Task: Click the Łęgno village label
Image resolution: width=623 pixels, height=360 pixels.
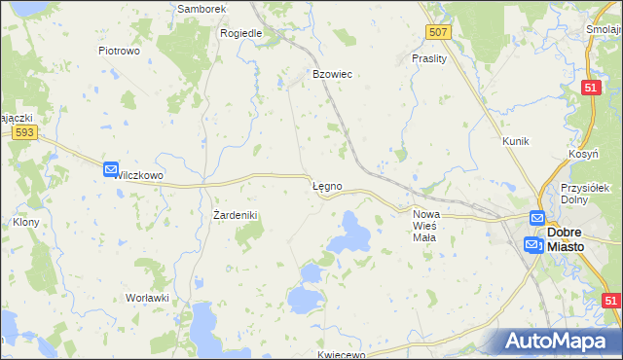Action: [326, 185]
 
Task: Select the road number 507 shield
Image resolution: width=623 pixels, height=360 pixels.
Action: [438, 32]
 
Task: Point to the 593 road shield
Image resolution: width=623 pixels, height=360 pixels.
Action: [25, 131]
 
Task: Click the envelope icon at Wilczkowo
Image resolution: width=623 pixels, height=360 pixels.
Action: [111, 169]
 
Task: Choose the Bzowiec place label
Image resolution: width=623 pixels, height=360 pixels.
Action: [331, 74]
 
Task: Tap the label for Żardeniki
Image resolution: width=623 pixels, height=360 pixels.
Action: [234, 214]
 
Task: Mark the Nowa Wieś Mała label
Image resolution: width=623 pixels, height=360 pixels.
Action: [426, 220]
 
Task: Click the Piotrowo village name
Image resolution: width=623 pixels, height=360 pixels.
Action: [120, 50]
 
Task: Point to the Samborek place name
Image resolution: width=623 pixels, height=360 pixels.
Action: [202, 9]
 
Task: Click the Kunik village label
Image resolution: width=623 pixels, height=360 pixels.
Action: [515, 141]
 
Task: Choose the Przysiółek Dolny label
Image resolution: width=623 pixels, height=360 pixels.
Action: [585, 194]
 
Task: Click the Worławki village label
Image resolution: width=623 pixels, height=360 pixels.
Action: [148, 297]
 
